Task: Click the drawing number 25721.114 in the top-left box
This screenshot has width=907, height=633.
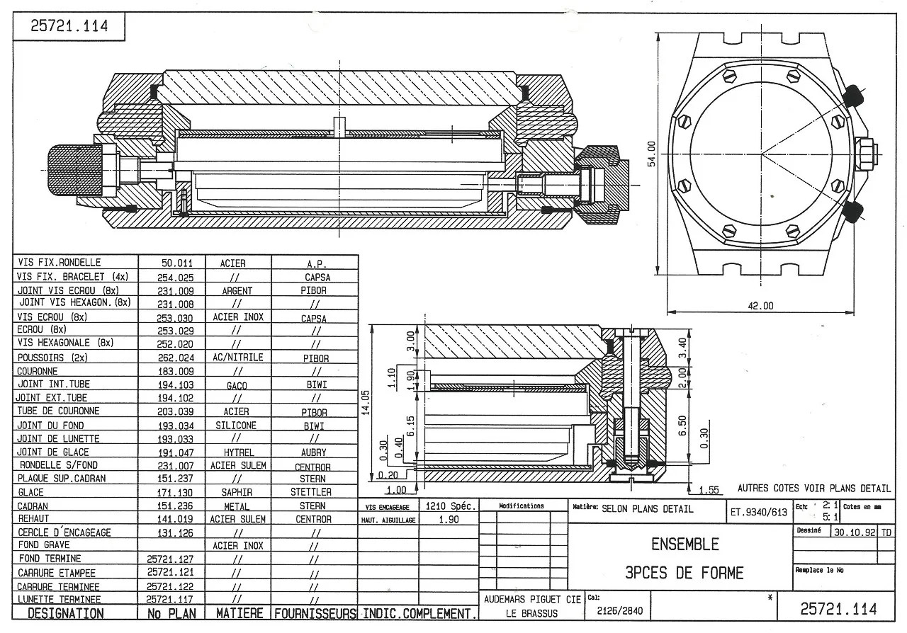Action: pyautogui.click(x=69, y=28)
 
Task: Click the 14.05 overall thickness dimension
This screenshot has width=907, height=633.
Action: pyautogui.click(x=366, y=404)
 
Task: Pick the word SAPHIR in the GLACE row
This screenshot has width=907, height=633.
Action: pyautogui.click(x=237, y=492)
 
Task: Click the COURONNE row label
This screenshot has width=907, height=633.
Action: pyautogui.click(x=38, y=371)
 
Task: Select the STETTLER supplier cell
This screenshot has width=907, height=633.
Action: pyautogui.click(x=311, y=492)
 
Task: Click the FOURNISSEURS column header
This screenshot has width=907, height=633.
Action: pyautogui.click(x=315, y=613)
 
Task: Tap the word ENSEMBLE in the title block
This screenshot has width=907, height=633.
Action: pyautogui.click(x=685, y=544)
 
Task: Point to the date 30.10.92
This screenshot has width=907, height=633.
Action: pyautogui.click(x=855, y=532)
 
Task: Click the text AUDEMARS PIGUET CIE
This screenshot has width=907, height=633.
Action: pyautogui.click(x=531, y=599)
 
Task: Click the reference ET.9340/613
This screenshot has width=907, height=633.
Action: pyautogui.click(x=758, y=511)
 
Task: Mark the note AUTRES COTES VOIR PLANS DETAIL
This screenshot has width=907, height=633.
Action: pyautogui.click(x=813, y=488)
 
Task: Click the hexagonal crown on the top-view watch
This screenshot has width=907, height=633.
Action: pyautogui.click(x=866, y=153)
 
